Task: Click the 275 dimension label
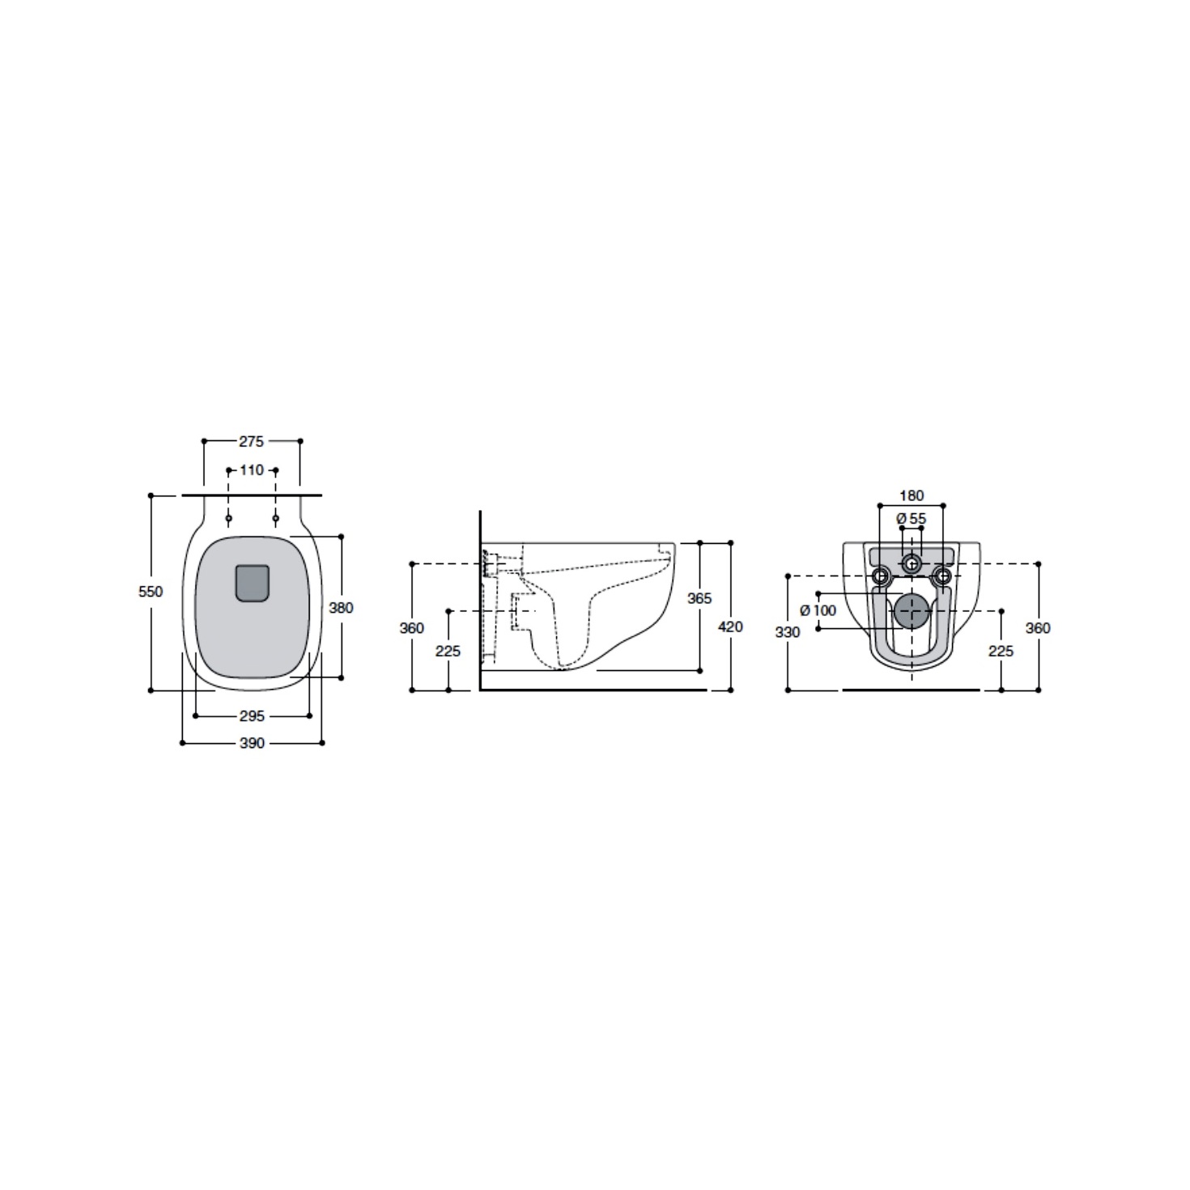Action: (251, 441)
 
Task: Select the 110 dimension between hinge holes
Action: (251, 470)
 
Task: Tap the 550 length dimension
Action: (151, 592)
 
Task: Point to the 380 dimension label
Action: (341, 608)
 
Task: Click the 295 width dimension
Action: (252, 716)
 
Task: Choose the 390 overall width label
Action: (252, 743)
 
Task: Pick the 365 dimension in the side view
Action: (699, 597)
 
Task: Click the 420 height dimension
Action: (730, 627)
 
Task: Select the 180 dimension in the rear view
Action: (912, 495)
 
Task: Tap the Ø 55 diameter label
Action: (912, 519)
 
